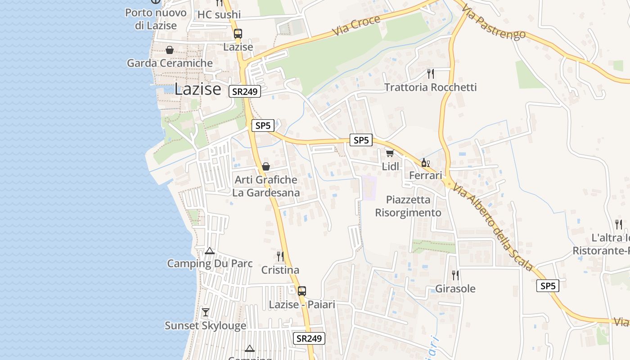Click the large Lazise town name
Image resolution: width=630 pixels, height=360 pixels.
[198, 89]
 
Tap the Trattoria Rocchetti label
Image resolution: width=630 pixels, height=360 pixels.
[430, 87]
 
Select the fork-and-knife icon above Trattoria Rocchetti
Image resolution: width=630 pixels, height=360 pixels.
[431, 73]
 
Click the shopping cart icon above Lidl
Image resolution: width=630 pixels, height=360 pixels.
[390, 153]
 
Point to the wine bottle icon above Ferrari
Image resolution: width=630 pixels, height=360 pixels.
[425, 162]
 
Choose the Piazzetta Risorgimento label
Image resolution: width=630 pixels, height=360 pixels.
[408, 206]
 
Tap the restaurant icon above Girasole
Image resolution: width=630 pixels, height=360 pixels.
[455, 275]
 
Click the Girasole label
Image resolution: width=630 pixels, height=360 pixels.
[455, 289]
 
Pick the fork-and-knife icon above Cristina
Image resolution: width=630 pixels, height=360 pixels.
[280, 256]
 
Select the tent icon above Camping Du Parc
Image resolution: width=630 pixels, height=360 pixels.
[210, 251]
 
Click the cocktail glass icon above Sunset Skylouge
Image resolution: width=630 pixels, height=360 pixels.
[206, 312]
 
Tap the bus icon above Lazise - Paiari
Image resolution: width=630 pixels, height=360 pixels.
[301, 291]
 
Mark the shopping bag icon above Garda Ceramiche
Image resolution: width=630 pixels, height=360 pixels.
[170, 50]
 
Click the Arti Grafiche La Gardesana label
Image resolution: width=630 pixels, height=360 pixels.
[266, 186]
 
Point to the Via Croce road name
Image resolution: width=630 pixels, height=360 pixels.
[356, 26]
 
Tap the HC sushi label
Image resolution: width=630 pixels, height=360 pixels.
[219, 15]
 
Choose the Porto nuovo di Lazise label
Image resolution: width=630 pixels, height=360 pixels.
[156, 19]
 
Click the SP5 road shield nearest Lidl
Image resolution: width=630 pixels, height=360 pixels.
[361, 140]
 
